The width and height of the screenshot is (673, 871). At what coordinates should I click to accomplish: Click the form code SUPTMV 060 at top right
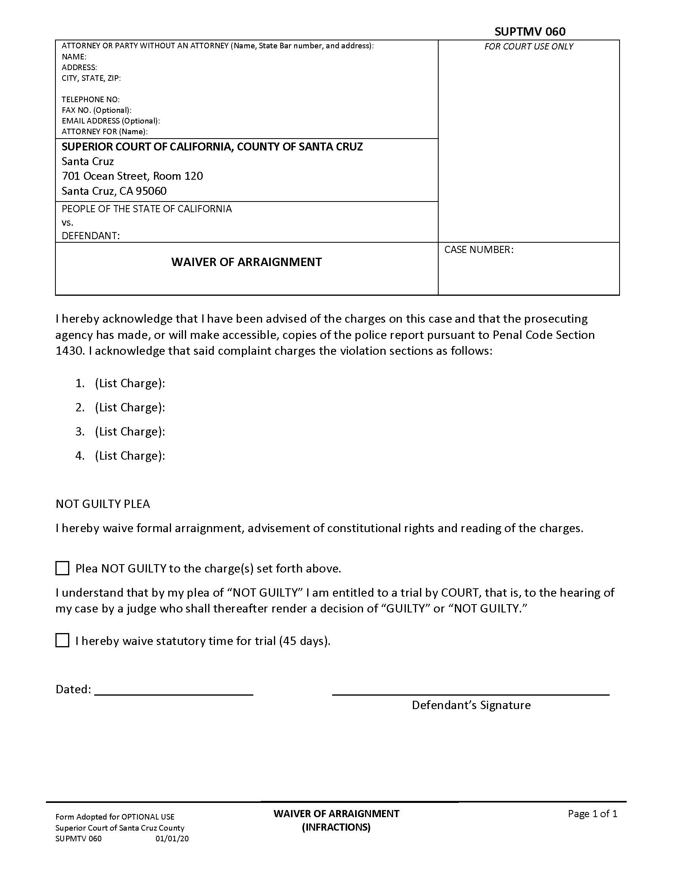point(529,32)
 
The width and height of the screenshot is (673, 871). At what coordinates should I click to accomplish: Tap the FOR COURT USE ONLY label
point(529,47)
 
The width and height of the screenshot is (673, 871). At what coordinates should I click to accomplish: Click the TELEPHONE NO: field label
point(91,99)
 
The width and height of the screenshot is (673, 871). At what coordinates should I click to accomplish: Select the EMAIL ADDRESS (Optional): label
point(110,121)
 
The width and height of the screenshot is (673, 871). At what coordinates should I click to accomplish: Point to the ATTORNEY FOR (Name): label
point(105,131)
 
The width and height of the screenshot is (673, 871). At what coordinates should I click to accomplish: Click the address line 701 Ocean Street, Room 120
point(132,176)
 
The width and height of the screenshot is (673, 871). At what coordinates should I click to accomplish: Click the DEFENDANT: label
point(91,236)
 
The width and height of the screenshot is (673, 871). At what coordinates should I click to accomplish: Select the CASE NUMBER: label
point(479,250)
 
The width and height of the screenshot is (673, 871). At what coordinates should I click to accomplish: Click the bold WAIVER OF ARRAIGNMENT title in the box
point(246,262)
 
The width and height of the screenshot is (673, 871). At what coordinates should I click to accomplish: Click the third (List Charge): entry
point(129,432)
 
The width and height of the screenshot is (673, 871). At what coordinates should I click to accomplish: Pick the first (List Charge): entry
point(129,383)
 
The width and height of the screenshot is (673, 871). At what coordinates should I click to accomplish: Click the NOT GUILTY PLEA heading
point(103,504)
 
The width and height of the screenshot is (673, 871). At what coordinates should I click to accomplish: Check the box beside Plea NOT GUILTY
point(62,568)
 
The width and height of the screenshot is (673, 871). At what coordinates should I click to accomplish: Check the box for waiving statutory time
point(62,641)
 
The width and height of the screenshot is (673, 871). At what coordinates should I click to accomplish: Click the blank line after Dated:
point(173,690)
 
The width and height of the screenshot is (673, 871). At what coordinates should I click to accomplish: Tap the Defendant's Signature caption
point(471,705)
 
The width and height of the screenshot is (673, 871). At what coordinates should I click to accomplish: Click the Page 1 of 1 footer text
point(593,814)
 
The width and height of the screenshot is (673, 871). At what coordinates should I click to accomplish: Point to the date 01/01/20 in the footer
point(172,839)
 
